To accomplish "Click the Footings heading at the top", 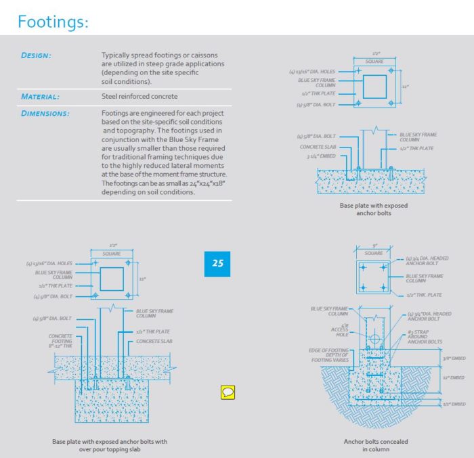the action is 53,22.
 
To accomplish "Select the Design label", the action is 36,55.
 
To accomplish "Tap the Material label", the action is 40,97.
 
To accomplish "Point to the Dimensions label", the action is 45,113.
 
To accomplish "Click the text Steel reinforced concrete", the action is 139,97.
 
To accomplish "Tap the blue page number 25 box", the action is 217,263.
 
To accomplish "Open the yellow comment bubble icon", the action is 230,392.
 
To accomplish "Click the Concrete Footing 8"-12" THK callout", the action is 60,340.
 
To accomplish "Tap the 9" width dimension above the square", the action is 374,246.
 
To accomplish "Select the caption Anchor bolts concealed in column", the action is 376,445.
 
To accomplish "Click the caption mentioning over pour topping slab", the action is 110,445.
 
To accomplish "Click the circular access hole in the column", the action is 374,338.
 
